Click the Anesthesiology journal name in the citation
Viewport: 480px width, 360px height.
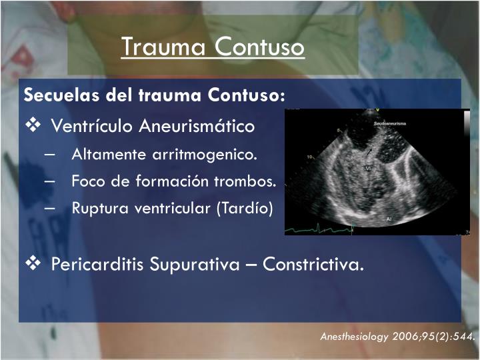353,337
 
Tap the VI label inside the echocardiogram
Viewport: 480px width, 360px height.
368,169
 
